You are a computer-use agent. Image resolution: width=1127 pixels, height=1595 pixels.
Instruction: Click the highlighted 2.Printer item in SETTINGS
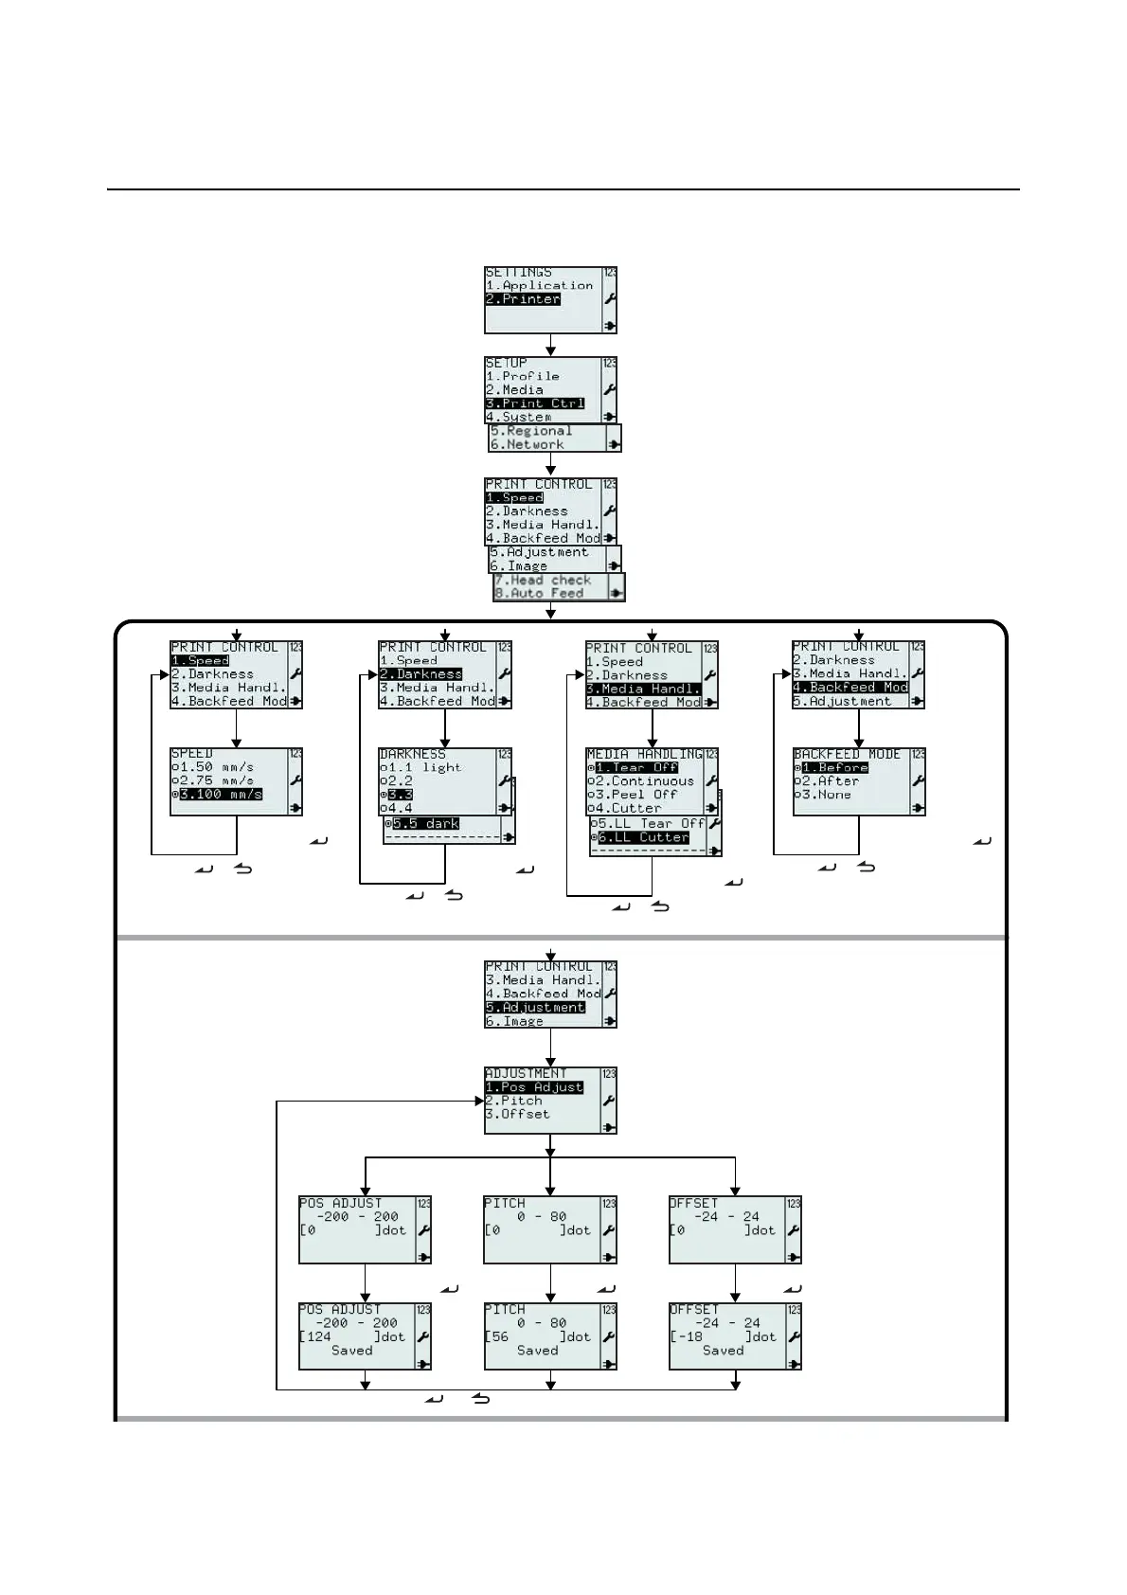click(x=523, y=299)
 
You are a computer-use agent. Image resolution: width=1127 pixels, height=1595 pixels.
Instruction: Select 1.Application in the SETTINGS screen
click(x=540, y=285)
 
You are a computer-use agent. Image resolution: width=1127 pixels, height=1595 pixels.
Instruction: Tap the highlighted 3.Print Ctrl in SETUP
click(x=535, y=403)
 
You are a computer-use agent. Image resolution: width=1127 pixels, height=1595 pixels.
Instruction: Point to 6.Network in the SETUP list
click(x=528, y=444)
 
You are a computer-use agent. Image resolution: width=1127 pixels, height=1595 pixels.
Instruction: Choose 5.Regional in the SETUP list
click(x=531, y=431)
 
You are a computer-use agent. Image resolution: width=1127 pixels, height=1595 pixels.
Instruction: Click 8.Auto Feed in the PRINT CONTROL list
click(x=539, y=594)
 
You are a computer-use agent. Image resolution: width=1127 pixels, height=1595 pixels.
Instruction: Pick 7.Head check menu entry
click(x=543, y=580)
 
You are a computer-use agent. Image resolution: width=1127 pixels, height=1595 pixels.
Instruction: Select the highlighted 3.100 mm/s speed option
click(x=221, y=795)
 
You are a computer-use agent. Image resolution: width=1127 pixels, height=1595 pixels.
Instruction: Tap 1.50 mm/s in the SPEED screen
click(x=216, y=767)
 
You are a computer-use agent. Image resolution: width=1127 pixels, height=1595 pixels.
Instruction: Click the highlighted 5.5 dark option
click(x=426, y=824)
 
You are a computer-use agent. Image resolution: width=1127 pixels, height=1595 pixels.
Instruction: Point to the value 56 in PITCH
click(x=500, y=1337)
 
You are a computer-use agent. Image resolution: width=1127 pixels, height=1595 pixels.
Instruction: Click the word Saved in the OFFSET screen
click(x=724, y=1351)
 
